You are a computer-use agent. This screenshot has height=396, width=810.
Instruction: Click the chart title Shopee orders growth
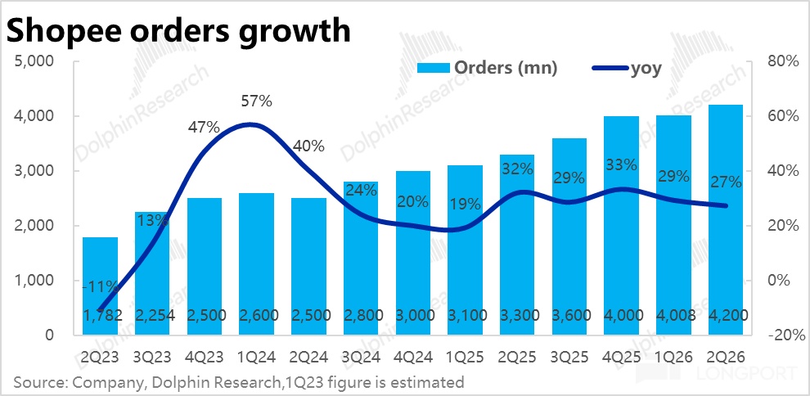click(178, 30)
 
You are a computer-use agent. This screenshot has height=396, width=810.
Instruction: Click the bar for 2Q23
click(100, 286)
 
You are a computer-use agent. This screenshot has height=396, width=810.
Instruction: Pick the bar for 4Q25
click(622, 226)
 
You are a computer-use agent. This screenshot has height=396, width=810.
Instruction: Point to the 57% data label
click(256, 101)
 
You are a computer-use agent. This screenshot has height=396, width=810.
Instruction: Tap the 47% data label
click(204, 127)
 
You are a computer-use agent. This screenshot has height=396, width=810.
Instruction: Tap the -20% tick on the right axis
click(785, 335)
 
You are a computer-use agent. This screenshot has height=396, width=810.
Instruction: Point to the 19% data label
click(465, 205)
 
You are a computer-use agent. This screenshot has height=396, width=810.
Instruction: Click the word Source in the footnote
click(36, 383)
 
